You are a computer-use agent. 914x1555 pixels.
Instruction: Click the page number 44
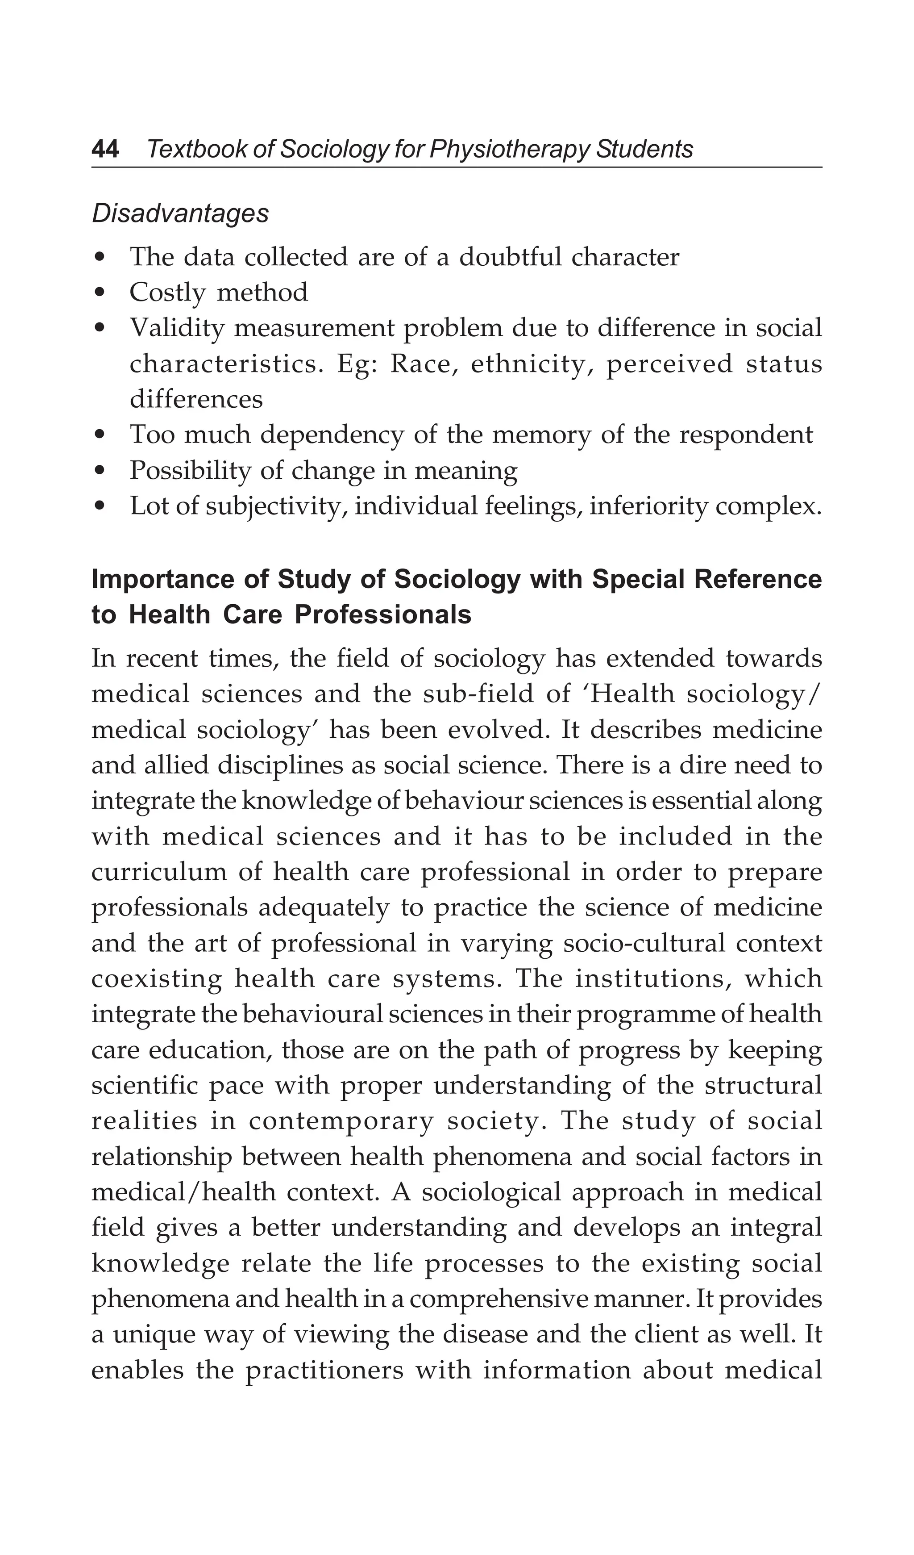[x=105, y=149]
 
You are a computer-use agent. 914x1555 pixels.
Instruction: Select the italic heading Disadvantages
[x=180, y=213]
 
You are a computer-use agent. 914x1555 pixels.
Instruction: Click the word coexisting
[x=157, y=978]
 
